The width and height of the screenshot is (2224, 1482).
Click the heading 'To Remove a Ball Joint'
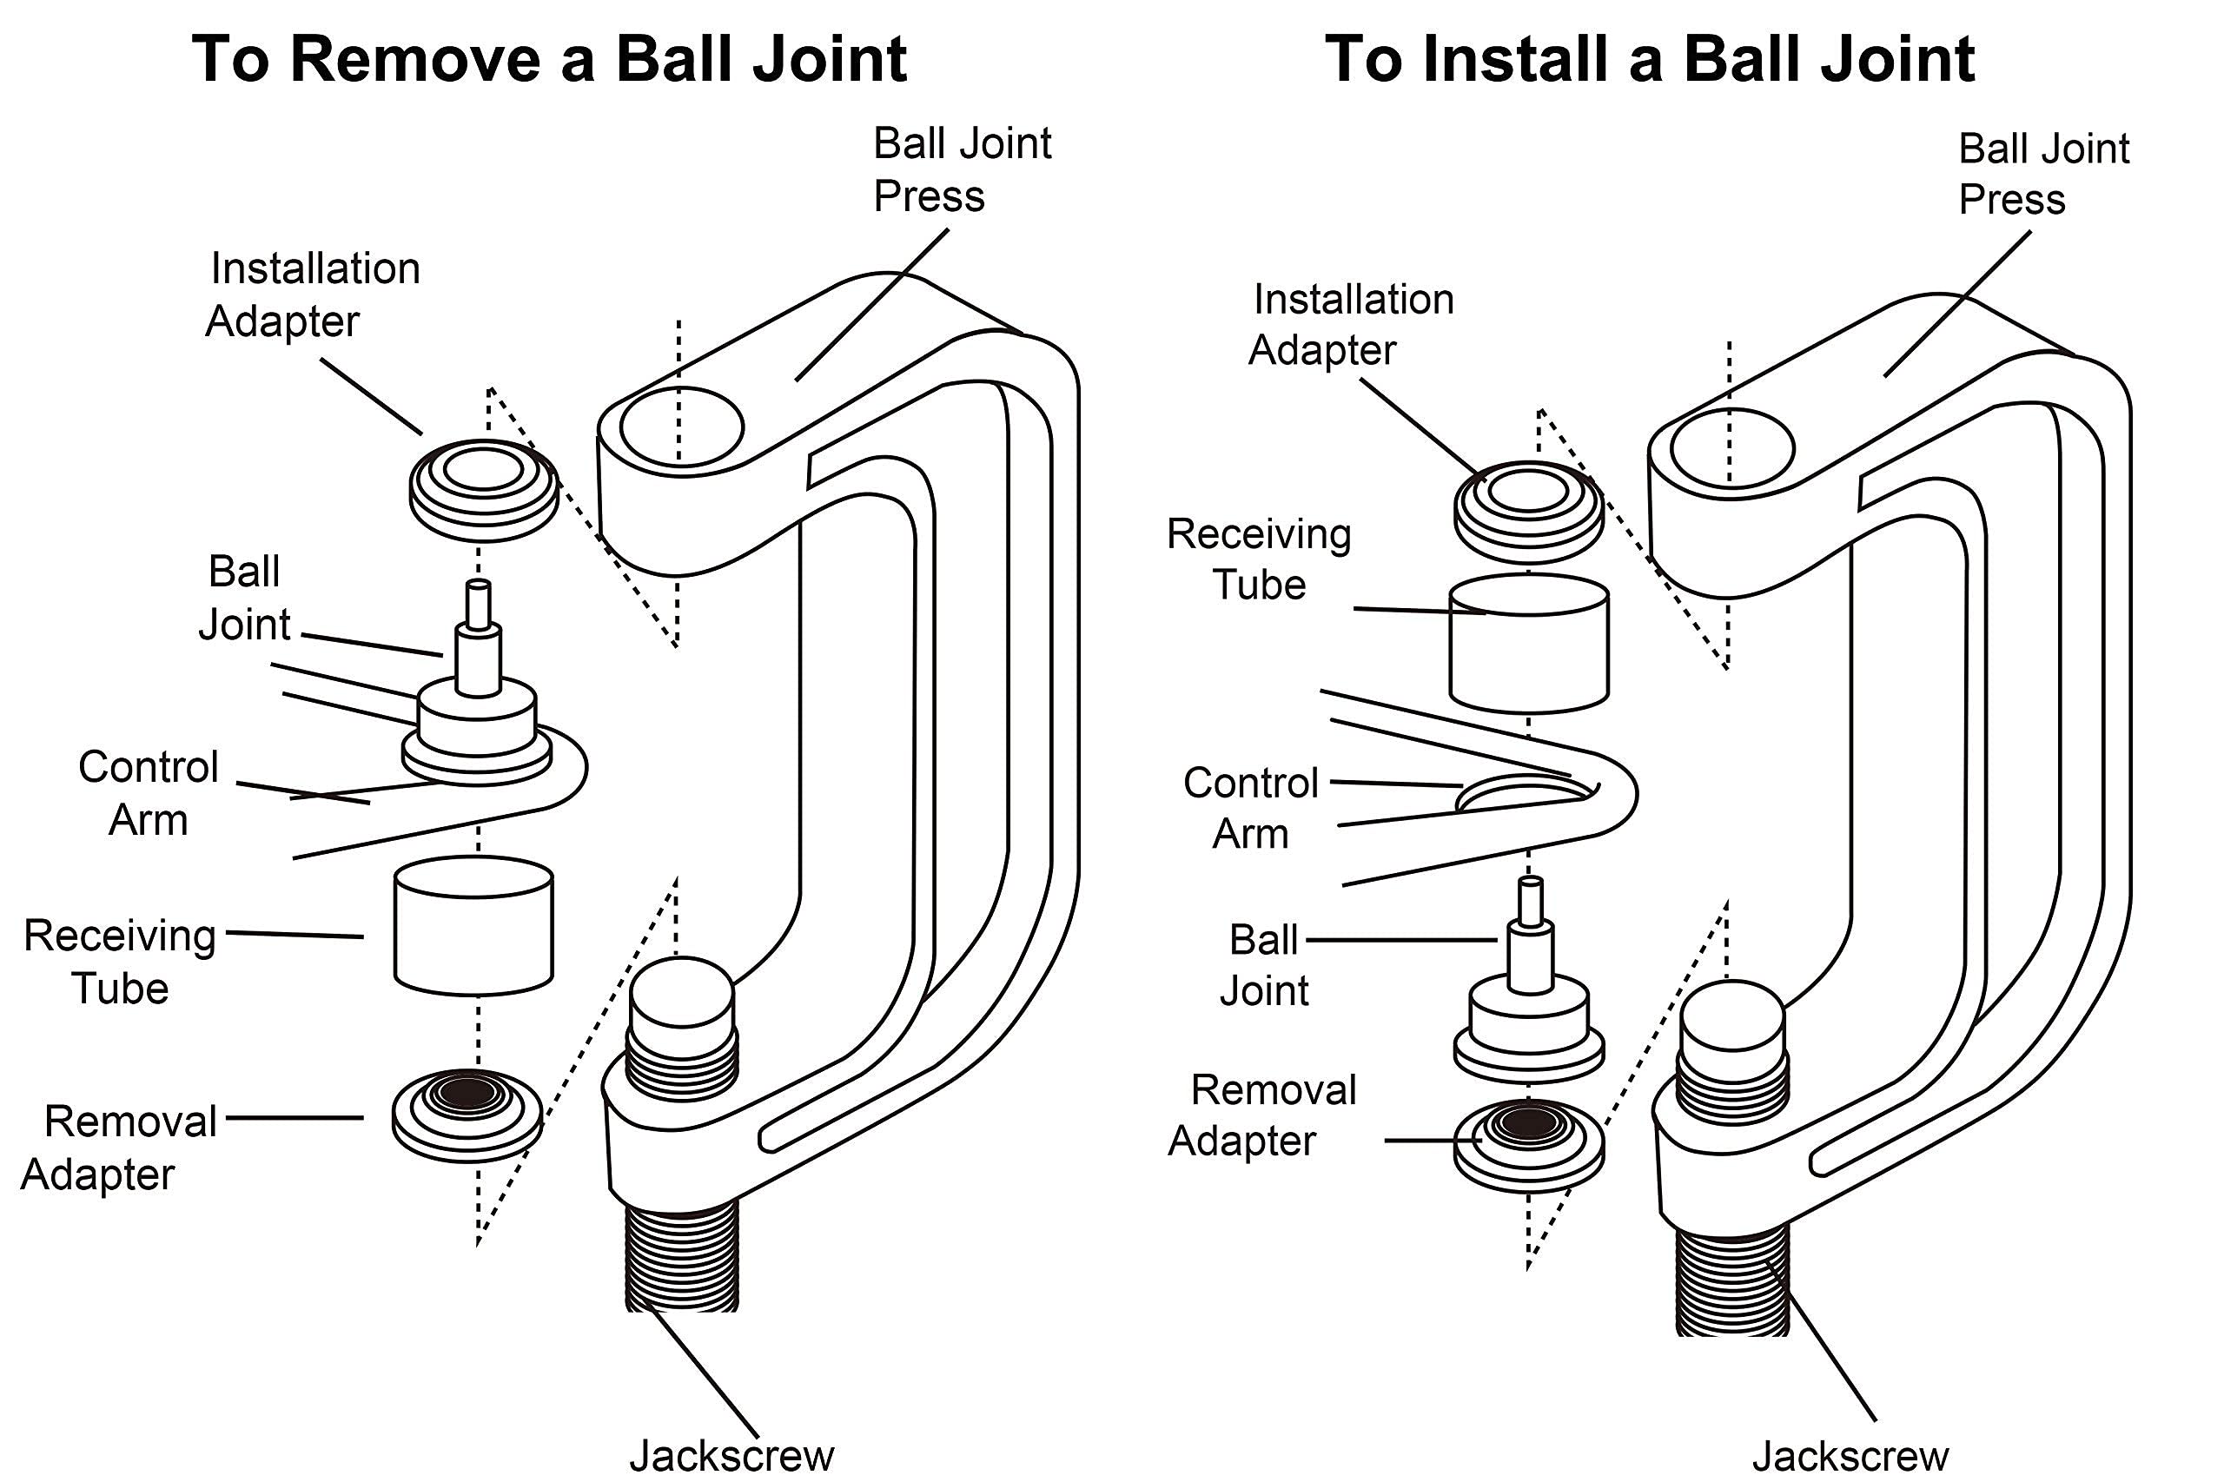click(x=549, y=58)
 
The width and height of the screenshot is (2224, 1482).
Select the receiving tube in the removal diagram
click(x=473, y=926)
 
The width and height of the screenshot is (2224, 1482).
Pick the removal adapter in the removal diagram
click(x=467, y=1115)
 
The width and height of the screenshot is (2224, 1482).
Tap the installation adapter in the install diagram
click(x=1527, y=512)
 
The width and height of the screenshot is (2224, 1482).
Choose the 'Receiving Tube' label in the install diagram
click(x=1259, y=559)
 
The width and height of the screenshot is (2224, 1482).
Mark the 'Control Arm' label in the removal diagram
click(x=149, y=793)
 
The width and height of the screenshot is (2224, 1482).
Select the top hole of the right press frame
click(x=1731, y=449)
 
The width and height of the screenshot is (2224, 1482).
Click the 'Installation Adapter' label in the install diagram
click(x=1352, y=324)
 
